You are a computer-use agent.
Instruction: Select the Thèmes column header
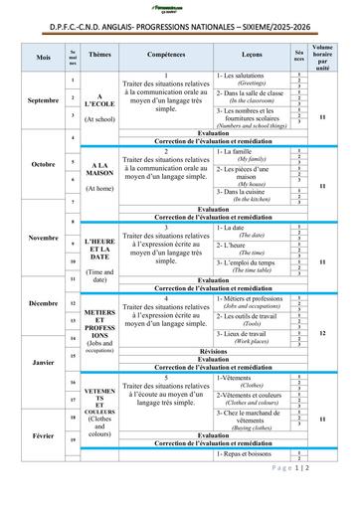click(x=99, y=57)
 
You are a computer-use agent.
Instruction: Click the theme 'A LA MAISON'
click(x=99, y=169)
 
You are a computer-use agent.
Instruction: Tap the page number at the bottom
click(x=318, y=494)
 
